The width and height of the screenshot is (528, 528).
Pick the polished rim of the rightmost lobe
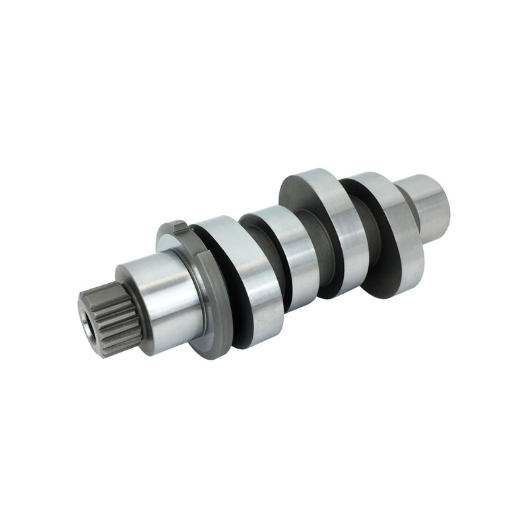403,231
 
